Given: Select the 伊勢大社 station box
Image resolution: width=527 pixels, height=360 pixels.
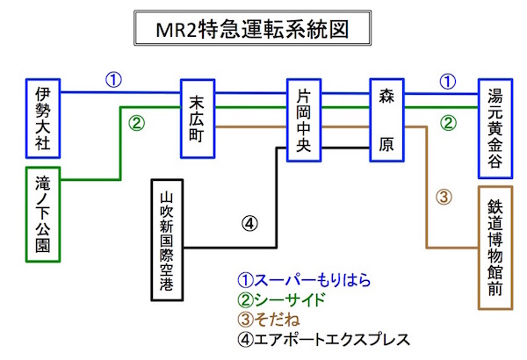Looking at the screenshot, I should point(43,110).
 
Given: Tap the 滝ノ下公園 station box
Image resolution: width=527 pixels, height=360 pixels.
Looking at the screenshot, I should point(43,214).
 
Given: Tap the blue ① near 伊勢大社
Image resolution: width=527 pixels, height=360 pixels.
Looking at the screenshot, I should point(113,80).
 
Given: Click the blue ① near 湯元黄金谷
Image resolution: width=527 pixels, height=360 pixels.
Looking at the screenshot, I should point(447,81).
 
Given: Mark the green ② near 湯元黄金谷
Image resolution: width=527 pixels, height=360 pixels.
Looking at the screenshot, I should point(447,123).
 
